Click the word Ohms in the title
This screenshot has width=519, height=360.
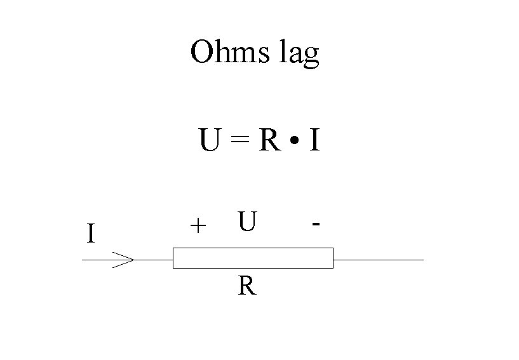pos(229,52)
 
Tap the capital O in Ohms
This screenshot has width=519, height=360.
pos(203,52)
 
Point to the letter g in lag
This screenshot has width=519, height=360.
pos(311,57)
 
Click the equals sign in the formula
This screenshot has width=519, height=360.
pos(239,142)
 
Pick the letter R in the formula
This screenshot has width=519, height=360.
pos(269,141)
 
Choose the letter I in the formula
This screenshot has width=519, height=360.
pos(314,141)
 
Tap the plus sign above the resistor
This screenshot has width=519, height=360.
pos(198,225)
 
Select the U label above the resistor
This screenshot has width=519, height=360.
pos(247,222)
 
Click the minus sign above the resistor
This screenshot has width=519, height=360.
pos(316,223)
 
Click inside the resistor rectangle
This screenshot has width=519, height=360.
pos(253,259)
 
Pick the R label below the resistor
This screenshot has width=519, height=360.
pos(247,287)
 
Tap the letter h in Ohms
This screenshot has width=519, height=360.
pos(226,52)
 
